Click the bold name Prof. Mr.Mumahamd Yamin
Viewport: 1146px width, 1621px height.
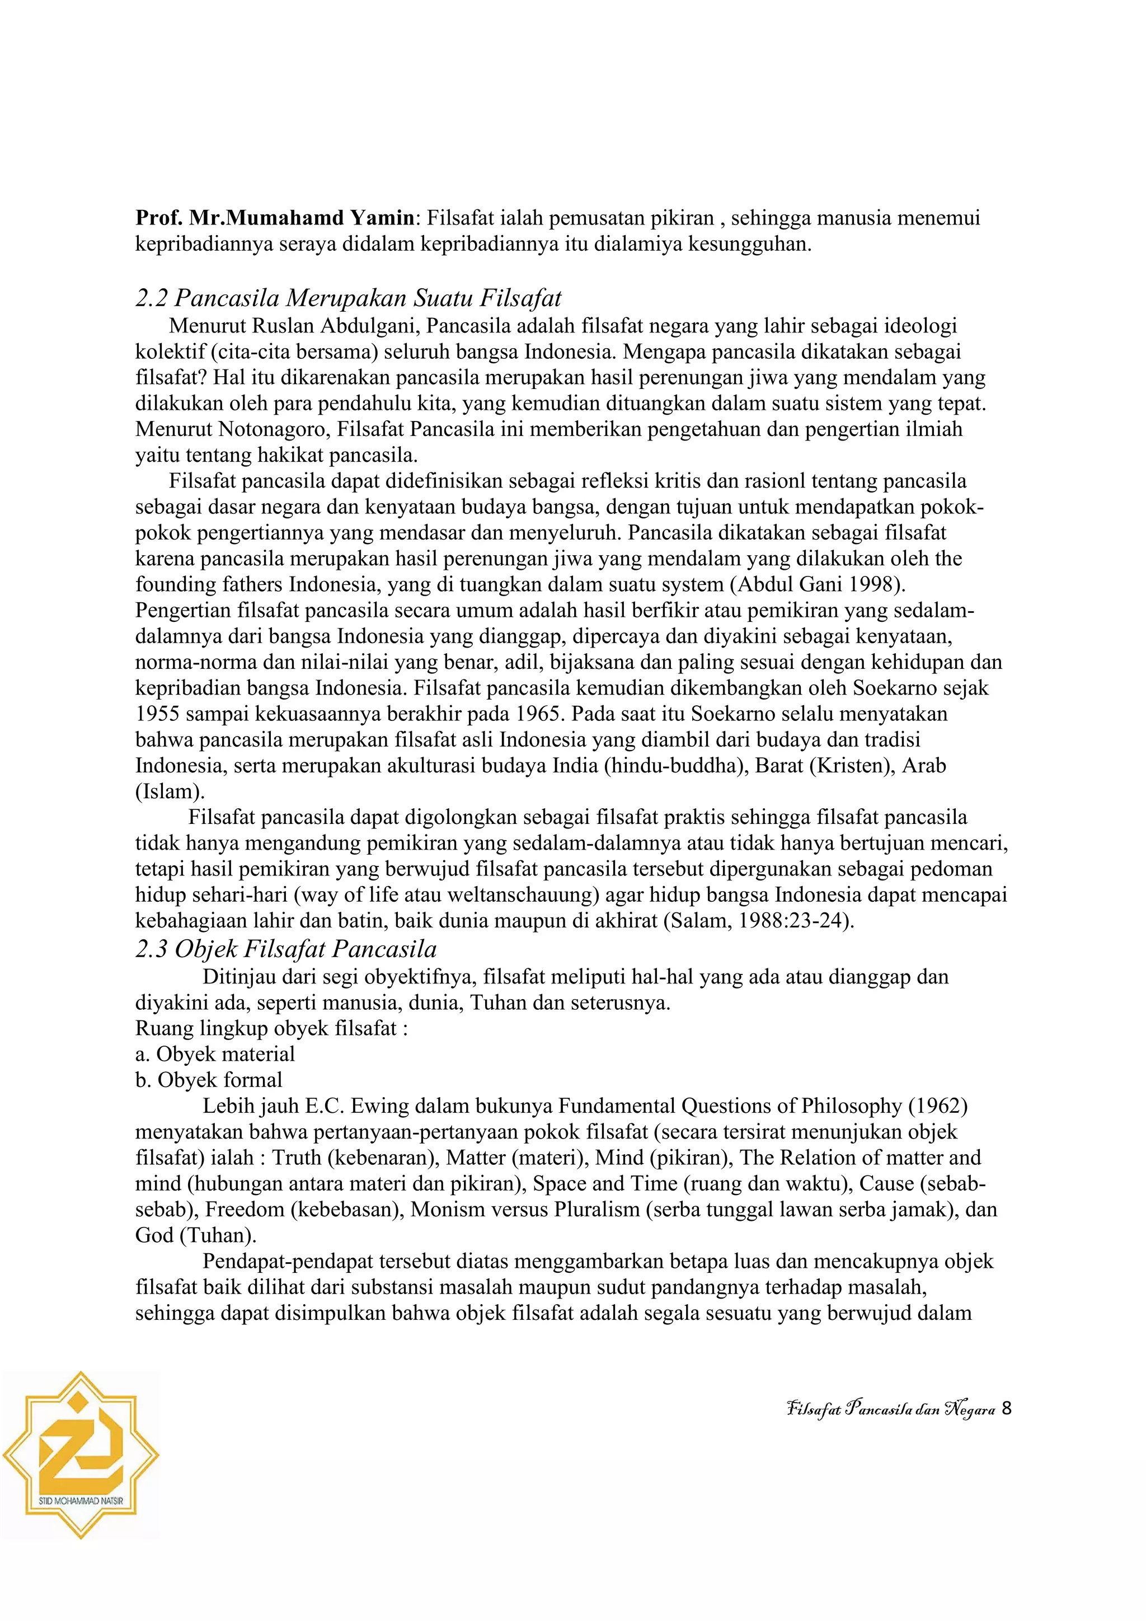click(x=276, y=218)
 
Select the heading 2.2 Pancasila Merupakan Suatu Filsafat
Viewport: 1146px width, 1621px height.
click(x=348, y=299)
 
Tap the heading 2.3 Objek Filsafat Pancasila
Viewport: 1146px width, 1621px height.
click(x=286, y=949)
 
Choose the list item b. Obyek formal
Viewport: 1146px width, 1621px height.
click(x=208, y=1080)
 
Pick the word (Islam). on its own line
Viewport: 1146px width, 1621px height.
click(x=170, y=791)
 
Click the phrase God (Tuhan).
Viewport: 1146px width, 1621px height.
click(x=195, y=1235)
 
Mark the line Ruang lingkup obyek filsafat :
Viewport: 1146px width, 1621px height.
click(x=272, y=1029)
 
